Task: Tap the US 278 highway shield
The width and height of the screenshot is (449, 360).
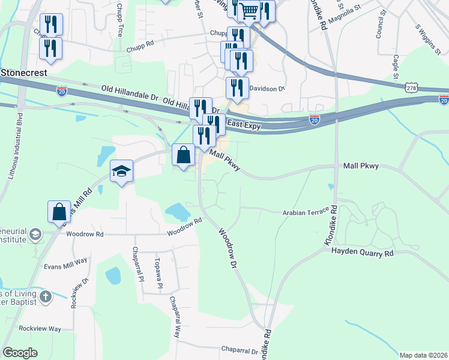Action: tap(411, 88)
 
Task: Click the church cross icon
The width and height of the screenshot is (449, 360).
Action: tap(46, 297)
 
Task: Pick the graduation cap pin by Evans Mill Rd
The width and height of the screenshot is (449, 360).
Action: tap(121, 171)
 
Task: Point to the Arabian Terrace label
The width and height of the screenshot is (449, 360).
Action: tap(306, 212)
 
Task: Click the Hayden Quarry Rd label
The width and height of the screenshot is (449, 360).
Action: tap(362, 253)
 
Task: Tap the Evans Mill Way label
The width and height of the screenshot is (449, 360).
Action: tap(65, 260)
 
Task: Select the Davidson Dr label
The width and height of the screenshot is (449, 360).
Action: tap(267, 88)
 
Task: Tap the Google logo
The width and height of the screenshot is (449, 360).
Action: tap(20, 353)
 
